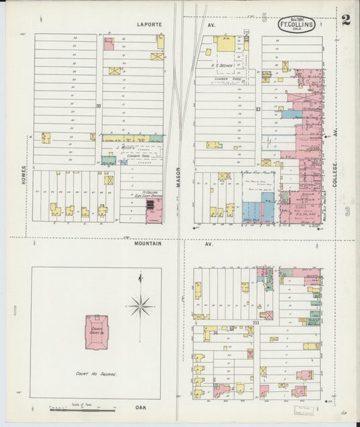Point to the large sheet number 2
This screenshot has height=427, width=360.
click(x=345, y=20)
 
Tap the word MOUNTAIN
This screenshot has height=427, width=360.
click(x=148, y=244)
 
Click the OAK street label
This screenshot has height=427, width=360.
click(x=140, y=407)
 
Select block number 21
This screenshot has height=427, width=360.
click(x=257, y=109)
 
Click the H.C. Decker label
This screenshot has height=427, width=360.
click(x=223, y=66)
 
